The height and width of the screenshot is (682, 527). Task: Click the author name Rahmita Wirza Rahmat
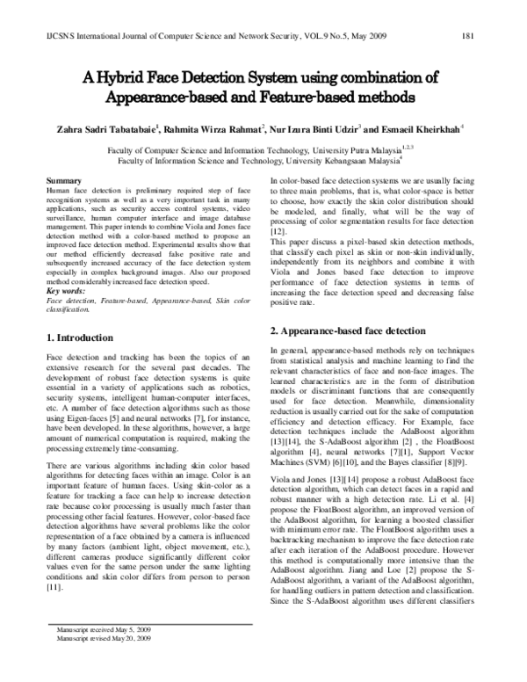(215, 127)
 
